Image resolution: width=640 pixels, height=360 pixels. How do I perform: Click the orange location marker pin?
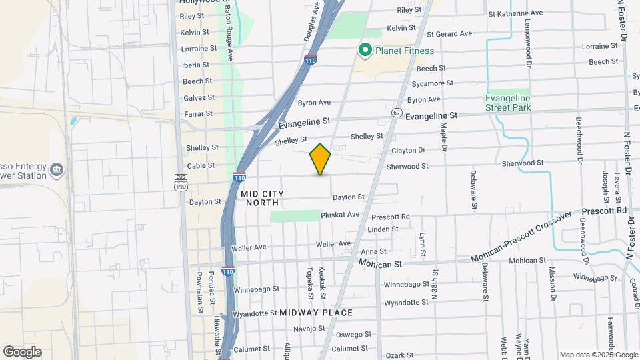click(321, 159)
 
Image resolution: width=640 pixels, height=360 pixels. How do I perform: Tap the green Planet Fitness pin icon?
click(365, 51)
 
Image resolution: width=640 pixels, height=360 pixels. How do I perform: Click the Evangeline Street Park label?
click(507, 102)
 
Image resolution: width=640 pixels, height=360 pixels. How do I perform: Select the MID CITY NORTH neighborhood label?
click(265, 197)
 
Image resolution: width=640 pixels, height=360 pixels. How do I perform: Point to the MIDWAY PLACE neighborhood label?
click(316, 313)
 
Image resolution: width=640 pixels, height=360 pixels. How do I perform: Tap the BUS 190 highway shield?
click(181, 182)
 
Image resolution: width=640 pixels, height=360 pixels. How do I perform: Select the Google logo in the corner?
click(22, 352)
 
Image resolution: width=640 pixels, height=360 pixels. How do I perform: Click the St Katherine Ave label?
click(515, 13)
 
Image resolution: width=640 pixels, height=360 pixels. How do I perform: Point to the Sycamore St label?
click(432, 83)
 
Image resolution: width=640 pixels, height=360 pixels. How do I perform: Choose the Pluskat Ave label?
click(340, 214)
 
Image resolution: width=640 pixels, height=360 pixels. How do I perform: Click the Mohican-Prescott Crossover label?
click(522, 236)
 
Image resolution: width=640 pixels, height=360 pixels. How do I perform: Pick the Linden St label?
click(383, 229)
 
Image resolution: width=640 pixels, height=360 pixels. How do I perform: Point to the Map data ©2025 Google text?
click(599, 355)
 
